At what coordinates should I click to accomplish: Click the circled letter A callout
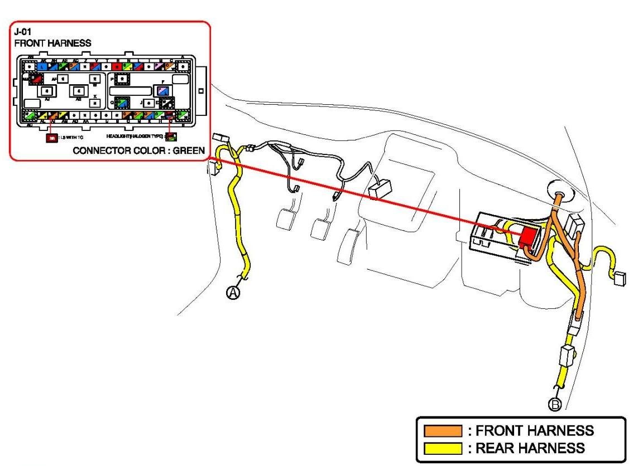click(x=233, y=292)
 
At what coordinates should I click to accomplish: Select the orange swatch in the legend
click(x=443, y=431)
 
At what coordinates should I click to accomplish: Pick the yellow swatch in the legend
click(x=443, y=448)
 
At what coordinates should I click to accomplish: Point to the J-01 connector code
click(x=23, y=33)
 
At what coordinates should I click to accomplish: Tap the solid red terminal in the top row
click(x=117, y=66)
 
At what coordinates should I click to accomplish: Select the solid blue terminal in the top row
click(x=43, y=66)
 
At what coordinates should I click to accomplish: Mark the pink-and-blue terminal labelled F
click(x=164, y=91)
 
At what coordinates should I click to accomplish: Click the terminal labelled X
click(x=95, y=103)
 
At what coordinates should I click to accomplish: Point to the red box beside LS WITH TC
click(x=51, y=137)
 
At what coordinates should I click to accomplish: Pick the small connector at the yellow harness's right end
click(x=619, y=278)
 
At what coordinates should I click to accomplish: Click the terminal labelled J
click(x=149, y=103)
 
